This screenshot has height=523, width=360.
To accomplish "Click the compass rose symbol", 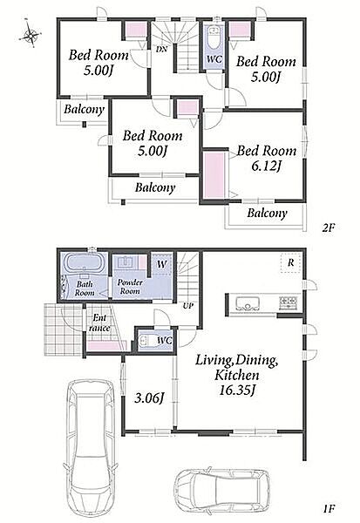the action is click(x=31, y=34).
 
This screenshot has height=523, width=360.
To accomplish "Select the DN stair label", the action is click(x=162, y=49).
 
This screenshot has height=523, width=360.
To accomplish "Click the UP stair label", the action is click(x=188, y=306).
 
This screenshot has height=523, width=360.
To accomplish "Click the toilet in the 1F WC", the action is click(x=147, y=341).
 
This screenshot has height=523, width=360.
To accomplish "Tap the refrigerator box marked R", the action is click(x=291, y=263).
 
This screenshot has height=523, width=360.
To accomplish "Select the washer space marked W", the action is click(x=162, y=264).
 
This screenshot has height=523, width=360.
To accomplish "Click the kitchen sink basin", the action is click(x=248, y=303).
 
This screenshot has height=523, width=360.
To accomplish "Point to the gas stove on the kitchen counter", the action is click(x=289, y=302).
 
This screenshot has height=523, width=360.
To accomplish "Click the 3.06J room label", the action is click(x=149, y=398).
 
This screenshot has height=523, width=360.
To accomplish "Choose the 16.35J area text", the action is click(x=237, y=390).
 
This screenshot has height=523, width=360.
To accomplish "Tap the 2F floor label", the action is click(x=328, y=228).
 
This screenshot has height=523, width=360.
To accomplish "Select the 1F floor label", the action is click(x=329, y=509).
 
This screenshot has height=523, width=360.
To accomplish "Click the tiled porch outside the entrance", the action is click(x=64, y=329).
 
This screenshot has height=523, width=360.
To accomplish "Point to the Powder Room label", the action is click(x=130, y=287).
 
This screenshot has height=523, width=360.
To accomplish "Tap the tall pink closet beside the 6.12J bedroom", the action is click(x=214, y=175).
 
